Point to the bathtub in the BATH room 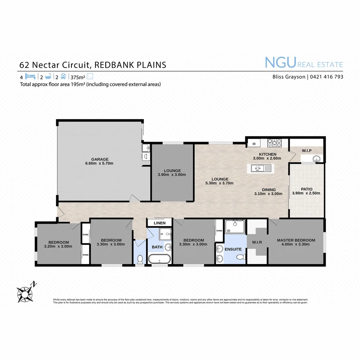tap(159, 259)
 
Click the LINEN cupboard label tap(159, 223)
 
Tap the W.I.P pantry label tap(307, 151)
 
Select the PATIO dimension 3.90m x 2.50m tap(306, 193)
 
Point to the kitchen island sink tap(257, 168)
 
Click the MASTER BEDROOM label tap(296, 240)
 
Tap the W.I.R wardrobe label tap(257, 242)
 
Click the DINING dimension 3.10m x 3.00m tap(268, 194)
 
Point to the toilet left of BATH tap(140, 259)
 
